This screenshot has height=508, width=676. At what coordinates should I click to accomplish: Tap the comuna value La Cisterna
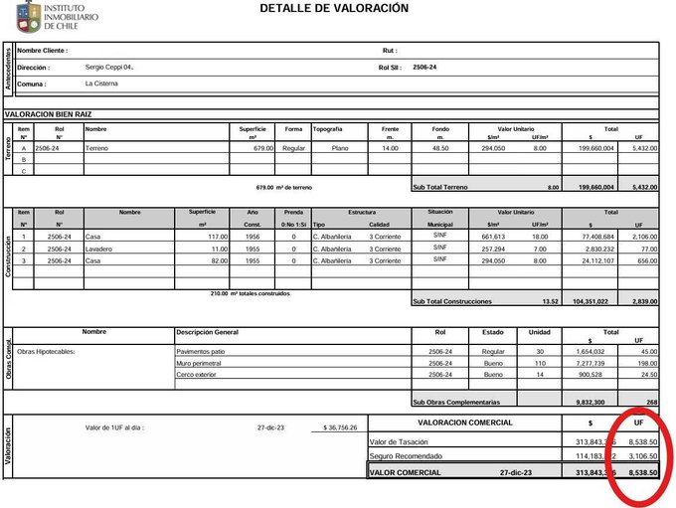[x=102, y=84]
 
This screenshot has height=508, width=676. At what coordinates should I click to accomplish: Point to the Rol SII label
[x=389, y=68]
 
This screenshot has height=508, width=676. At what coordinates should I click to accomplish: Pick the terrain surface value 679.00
[x=262, y=147]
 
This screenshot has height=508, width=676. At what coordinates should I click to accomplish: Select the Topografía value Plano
[x=341, y=147]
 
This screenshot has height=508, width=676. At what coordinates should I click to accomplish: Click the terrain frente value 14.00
[x=390, y=147]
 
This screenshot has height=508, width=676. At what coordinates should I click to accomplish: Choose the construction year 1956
[x=252, y=238]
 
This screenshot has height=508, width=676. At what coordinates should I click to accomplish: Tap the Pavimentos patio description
[x=201, y=352]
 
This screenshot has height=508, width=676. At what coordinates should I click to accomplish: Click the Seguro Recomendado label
[x=407, y=455]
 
